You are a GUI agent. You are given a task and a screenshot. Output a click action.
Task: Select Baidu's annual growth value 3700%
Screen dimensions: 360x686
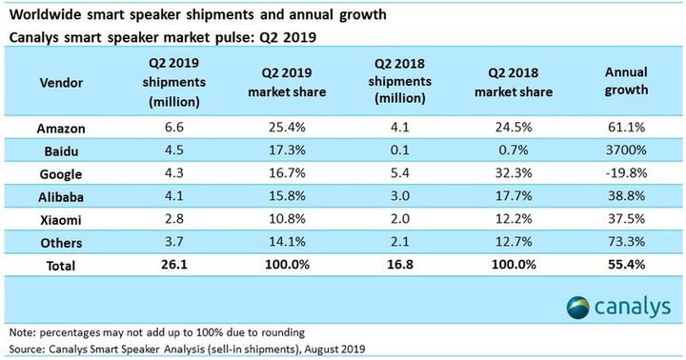(x=627, y=150)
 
